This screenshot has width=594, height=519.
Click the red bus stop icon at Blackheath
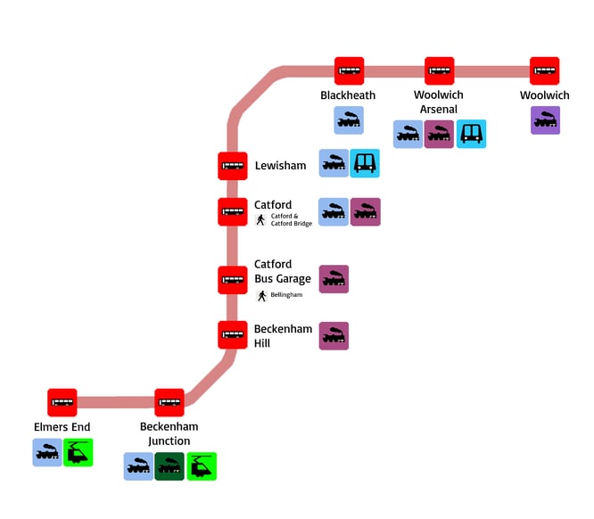[x=350, y=71]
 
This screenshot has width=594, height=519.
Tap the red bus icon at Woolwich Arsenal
[x=439, y=71]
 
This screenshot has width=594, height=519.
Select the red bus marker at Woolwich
[x=544, y=71]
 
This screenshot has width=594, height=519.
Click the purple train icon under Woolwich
[x=545, y=120]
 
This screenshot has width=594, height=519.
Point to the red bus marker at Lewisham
[x=233, y=166]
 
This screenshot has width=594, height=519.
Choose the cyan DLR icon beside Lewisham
[x=365, y=163]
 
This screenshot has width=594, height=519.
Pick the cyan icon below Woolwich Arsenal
[x=472, y=134]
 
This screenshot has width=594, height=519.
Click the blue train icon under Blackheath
[x=349, y=120]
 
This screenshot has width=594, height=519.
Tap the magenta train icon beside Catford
[x=366, y=212]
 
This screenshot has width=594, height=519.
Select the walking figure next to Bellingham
[x=262, y=295]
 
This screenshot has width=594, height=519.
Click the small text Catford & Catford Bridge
[x=292, y=219]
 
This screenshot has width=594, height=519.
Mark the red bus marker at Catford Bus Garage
[x=233, y=280]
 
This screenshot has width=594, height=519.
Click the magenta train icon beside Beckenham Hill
[x=334, y=336]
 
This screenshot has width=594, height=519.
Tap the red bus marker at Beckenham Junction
[x=169, y=403]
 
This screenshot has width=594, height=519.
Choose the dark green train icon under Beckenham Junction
[x=169, y=466]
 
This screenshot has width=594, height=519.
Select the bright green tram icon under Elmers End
[x=78, y=452]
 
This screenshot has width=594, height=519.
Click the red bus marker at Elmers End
[x=62, y=403]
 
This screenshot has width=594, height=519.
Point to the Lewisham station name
[x=280, y=166]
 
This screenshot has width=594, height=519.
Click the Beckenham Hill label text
[x=283, y=336]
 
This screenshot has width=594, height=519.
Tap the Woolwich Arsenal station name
[x=439, y=103]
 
